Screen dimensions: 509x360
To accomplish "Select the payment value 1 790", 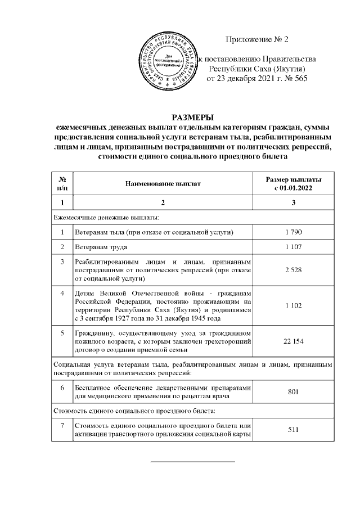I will tap(294, 232).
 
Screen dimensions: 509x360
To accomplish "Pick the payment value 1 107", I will tap(294, 247).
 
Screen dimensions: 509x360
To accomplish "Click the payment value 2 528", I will tap(294, 270).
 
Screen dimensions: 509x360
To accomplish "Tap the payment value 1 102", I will tap(294, 304).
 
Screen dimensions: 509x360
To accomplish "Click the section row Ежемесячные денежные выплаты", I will tap(107, 217).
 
